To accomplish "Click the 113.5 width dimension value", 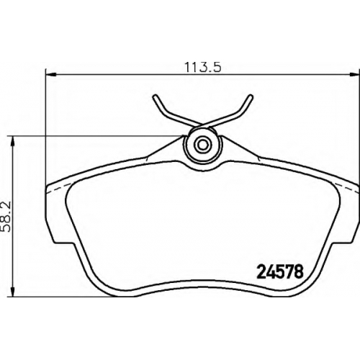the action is pos(202,68).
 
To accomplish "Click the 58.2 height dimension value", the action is pos(6,217).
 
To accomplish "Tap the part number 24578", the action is pos(280,272).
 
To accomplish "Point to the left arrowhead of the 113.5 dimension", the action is pos(50,75).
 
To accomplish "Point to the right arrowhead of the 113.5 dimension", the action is pos(354,75).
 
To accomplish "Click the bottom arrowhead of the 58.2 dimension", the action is pos(13,292).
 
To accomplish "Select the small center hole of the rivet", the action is pos(203,145).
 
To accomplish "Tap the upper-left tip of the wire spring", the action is pos(155,96).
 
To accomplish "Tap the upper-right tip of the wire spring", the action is pos(251,96).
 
